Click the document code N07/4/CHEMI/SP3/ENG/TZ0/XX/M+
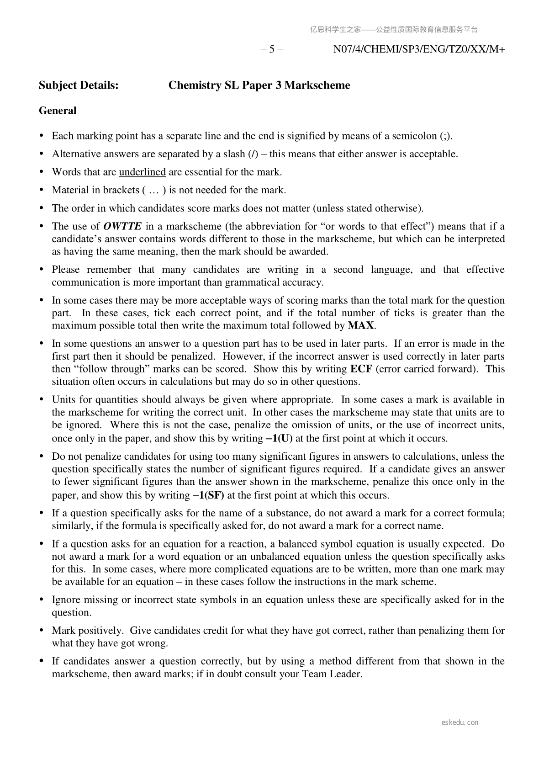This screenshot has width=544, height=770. (419, 49)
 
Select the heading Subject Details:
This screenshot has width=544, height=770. (79, 85)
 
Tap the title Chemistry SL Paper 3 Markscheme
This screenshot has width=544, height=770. (259, 85)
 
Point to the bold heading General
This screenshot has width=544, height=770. (58, 111)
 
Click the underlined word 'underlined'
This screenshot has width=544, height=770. (142, 172)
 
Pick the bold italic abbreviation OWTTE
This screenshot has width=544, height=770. (122, 226)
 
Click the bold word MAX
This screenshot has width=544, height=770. (361, 326)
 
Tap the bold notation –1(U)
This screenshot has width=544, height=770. (279, 438)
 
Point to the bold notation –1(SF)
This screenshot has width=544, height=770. (208, 495)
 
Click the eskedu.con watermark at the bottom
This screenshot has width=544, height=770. (460, 722)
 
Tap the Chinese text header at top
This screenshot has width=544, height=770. (394, 30)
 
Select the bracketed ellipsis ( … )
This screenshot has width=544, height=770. (154, 190)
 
